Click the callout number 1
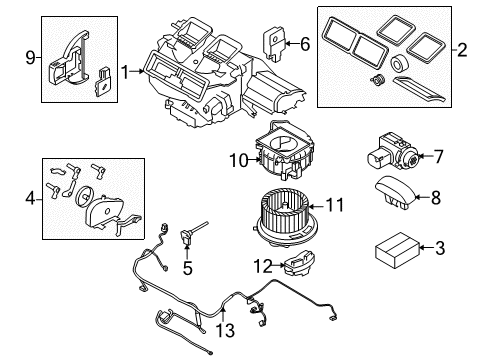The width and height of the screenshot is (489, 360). [125, 72]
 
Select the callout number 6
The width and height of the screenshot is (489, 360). [305, 44]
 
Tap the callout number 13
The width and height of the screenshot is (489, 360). [225, 330]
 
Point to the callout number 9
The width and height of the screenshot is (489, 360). [30, 58]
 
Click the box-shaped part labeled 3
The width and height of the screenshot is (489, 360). [397, 250]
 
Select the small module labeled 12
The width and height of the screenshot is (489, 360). [300, 262]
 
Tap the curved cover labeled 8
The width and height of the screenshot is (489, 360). [396, 192]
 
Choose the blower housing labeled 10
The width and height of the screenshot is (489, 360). [285, 152]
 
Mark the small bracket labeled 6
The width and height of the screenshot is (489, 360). [275, 45]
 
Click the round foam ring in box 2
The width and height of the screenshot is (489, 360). [397, 64]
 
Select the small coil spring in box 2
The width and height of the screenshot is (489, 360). [377, 80]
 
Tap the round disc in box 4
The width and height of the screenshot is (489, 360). [83, 196]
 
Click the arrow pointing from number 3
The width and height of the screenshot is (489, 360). [427, 247]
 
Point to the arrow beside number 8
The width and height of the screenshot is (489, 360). [422, 197]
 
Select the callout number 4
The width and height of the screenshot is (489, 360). [30, 199]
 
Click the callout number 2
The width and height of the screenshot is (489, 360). [462, 50]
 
